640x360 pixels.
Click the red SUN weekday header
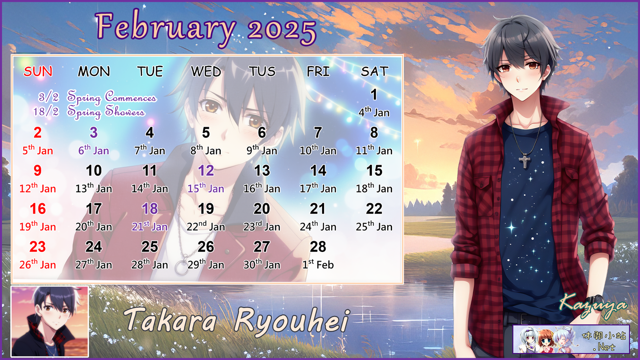coord(38,71)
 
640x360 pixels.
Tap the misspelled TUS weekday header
coord(262,71)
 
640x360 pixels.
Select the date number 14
coord(318,170)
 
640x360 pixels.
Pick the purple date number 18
coord(150,209)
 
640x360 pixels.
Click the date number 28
coord(318,246)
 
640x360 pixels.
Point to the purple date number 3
coord(94,132)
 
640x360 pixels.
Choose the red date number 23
coord(38,246)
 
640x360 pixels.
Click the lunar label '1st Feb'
coord(318,264)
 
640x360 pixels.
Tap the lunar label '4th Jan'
coord(374,112)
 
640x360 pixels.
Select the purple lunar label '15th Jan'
coord(206,188)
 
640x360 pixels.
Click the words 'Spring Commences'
coord(112,97)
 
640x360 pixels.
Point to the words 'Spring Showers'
coord(106,112)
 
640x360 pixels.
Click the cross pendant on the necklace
coord(524,160)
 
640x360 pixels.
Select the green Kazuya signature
coord(592,305)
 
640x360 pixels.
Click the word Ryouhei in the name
coord(292,322)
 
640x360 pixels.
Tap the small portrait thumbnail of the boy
coord(50,322)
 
